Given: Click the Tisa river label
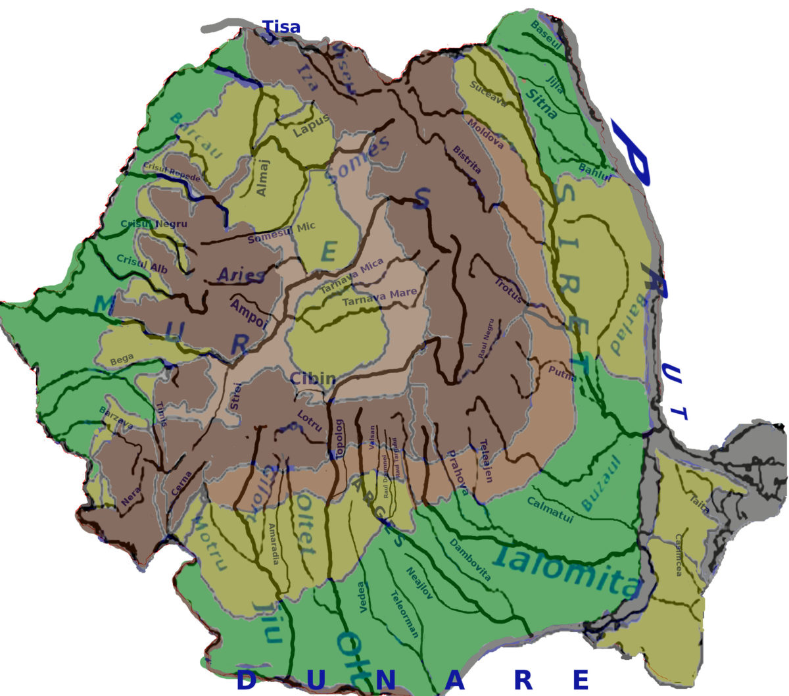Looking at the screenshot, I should (281, 27).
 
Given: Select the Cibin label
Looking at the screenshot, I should (313, 378).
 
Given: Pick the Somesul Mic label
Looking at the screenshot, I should (281, 233).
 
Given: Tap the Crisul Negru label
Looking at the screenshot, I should (154, 224).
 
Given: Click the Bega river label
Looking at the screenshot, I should (122, 360).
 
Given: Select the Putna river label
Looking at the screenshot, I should (562, 374).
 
